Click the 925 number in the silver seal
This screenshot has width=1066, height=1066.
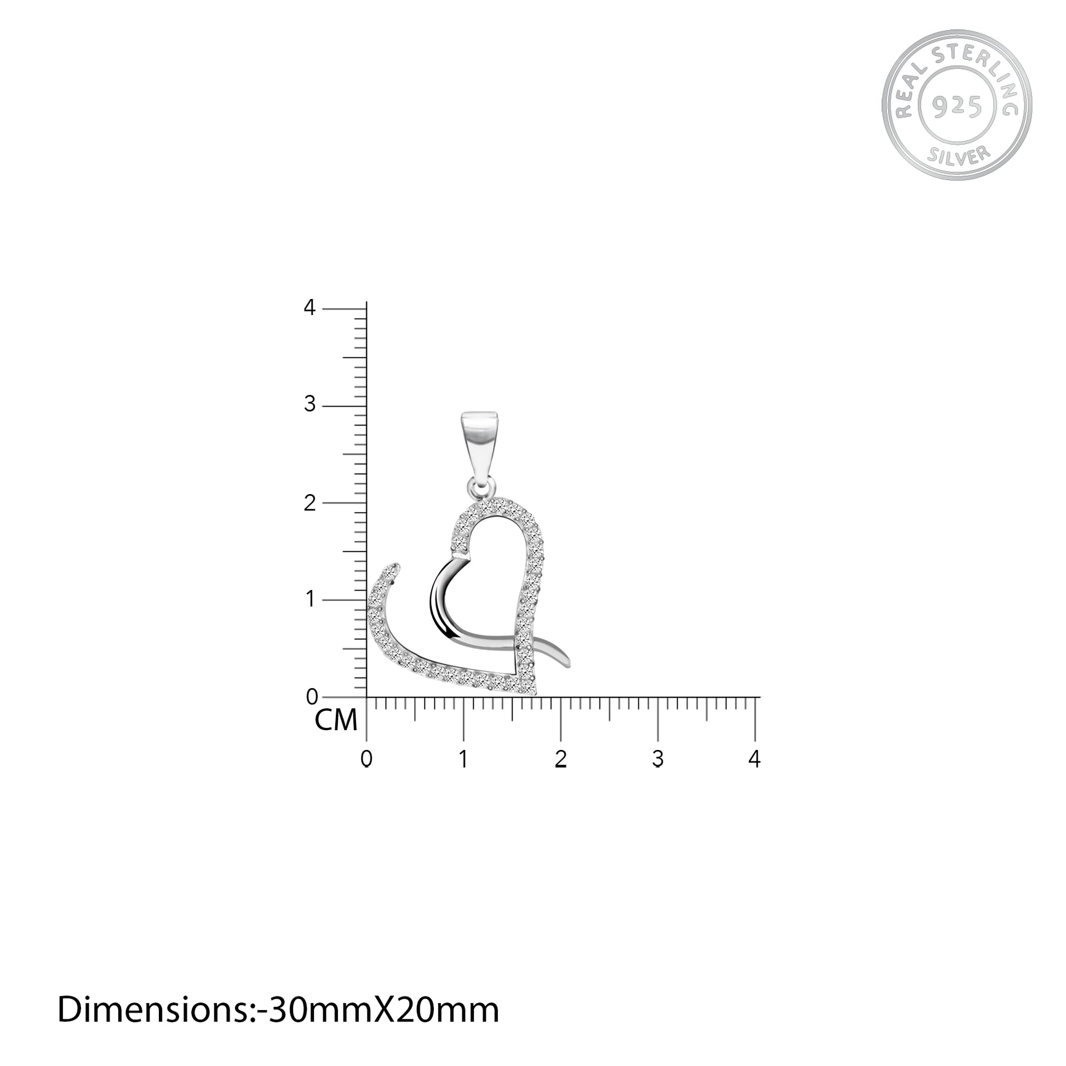click(957, 105)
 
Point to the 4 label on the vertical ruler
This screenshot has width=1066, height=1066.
click(310, 307)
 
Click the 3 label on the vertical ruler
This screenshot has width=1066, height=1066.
click(310, 404)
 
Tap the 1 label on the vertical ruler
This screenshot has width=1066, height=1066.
click(310, 599)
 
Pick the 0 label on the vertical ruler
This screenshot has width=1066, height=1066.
click(311, 696)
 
